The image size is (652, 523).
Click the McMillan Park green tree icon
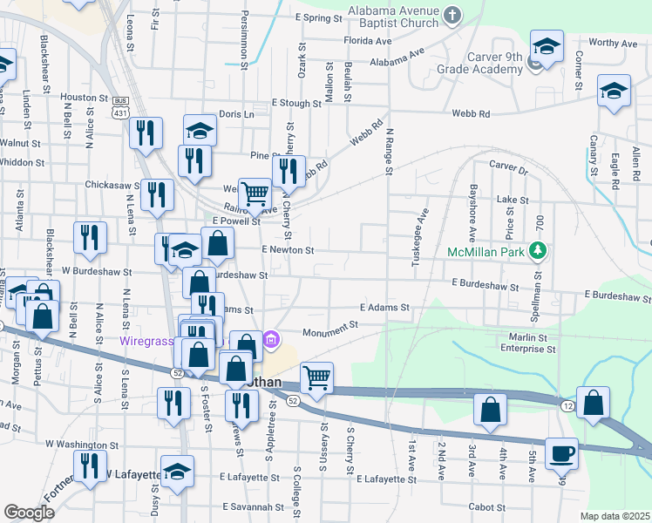coord(540,252)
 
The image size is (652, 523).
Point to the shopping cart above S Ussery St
coord(316,377)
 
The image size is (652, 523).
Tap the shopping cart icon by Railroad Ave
coord(255,193)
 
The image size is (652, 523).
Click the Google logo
coord(28,512)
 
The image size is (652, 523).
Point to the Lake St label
coord(513,200)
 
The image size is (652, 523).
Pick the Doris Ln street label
coord(236,114)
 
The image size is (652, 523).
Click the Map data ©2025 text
coord(615,516)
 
